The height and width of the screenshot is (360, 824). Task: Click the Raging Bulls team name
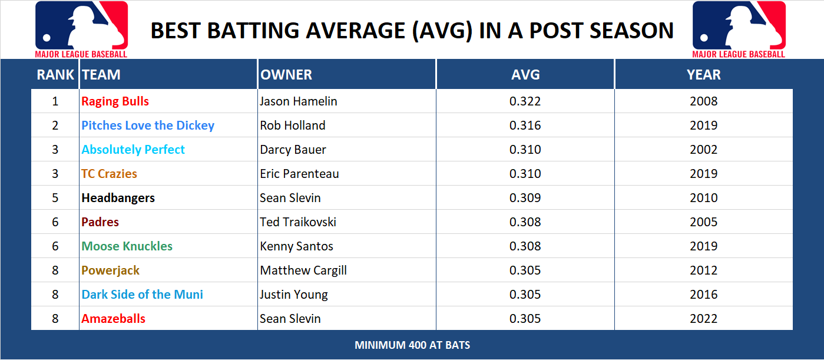point(115,101)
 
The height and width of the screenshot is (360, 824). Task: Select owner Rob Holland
point(292,125)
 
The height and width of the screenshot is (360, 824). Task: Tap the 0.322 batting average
point(525,101)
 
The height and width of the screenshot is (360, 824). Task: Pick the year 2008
point(703,101)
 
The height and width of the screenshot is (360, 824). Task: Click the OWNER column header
point(286,75)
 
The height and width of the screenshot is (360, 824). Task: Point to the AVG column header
point(525,75)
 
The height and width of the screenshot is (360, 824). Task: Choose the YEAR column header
point(703,75)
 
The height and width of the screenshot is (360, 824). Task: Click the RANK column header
point(55,75)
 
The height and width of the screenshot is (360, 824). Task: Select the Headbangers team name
point(118,198)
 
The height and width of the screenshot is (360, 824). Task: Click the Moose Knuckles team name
point(127,246)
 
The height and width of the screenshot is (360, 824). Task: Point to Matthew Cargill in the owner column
point(303,270)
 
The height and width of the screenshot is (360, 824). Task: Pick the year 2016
point(703,295)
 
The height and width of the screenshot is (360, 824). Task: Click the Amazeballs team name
point(113,319)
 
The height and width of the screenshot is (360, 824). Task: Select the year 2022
point(703,319)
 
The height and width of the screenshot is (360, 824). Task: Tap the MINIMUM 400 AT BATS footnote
point(412,345)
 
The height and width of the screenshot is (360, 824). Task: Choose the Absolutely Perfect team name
point(133,150)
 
